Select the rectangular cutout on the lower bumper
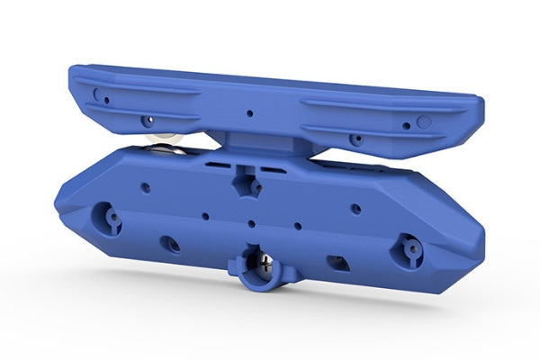[340, 262]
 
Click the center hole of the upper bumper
[251, 115]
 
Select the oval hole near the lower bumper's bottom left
[168, 244]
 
